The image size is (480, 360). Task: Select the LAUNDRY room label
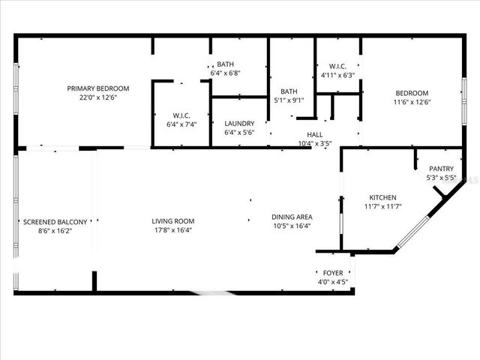pos(239,124)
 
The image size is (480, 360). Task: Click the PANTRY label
pos(440,169)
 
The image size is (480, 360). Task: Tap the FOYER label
pos(332,273)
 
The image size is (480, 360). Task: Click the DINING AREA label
pos(292,217)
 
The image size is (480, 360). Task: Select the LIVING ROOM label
pos(173,221)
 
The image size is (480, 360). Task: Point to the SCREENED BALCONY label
pos(55,222)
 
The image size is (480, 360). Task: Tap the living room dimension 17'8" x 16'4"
pos(173,230)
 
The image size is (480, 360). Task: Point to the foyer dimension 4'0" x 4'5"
pos(332,282)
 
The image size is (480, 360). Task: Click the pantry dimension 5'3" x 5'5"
pos(440,178)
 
